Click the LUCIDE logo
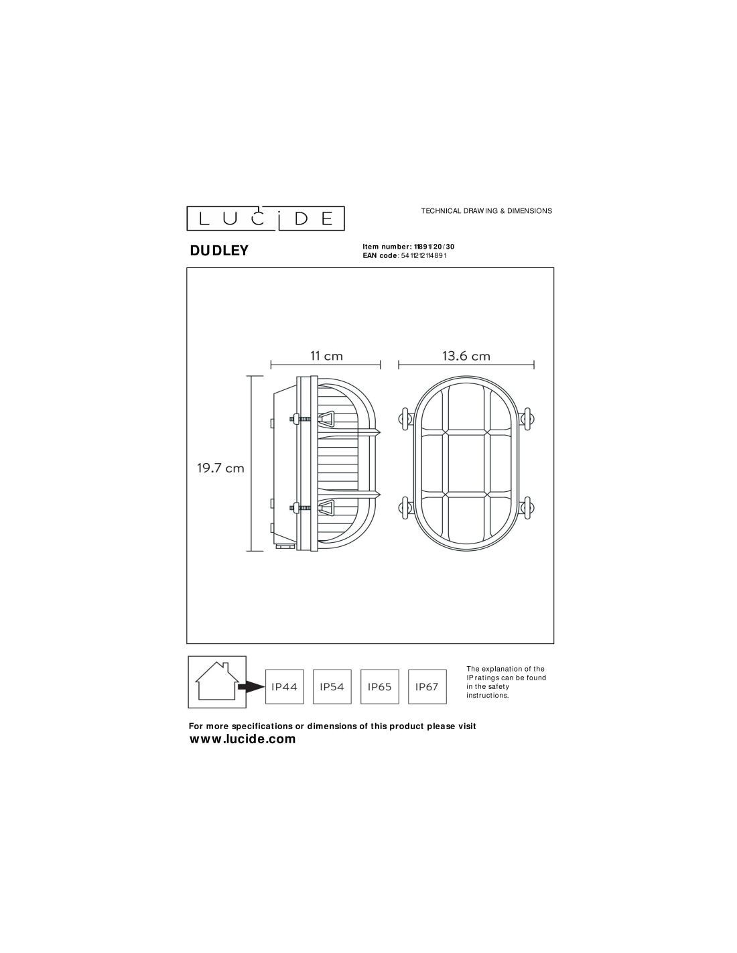265,218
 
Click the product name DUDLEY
219,251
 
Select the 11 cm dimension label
326,356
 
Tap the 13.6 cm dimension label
466,356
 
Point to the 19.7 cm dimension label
220,468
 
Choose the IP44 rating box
284,687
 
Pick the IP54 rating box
332,687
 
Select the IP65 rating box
380,687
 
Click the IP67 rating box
427,687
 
